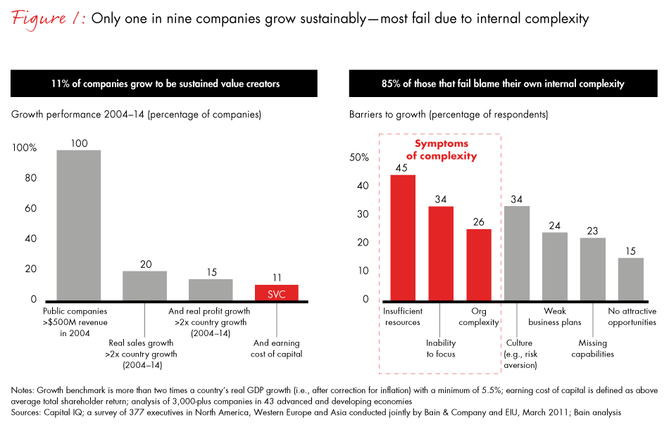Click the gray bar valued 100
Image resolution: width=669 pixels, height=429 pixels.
(79, 225)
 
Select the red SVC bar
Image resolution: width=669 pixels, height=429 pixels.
(277, 293)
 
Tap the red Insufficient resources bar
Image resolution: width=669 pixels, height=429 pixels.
(402, 237)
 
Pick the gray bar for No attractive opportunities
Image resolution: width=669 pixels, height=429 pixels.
(630, 278)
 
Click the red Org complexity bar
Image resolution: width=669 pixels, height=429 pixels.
(480, 264)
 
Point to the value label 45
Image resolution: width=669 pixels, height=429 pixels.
(402, 167)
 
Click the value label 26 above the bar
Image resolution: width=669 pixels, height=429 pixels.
(480, 222)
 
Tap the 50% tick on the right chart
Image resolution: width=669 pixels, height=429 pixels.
(359, 158)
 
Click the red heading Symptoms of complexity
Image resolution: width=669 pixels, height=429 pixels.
(441, 149)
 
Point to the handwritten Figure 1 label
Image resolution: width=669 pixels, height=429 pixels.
(47, 19)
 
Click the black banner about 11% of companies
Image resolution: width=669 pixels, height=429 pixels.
(165, 84)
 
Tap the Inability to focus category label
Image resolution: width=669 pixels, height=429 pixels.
(441, 348)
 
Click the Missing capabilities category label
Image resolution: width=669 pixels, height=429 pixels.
(592, 348)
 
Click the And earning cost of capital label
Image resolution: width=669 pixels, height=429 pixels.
(277, 348)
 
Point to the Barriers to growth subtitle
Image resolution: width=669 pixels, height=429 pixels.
(449, 114)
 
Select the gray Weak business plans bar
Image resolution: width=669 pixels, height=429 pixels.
(554, 266)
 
